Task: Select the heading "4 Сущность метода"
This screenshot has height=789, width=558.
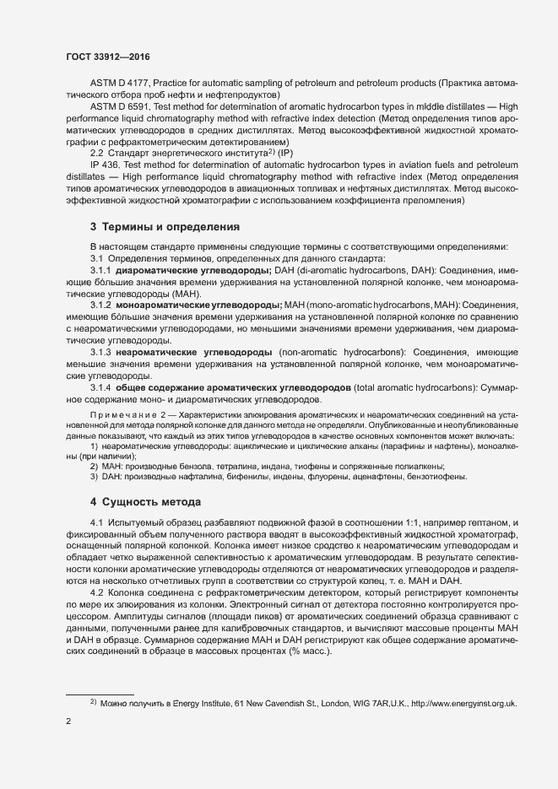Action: pyautogui.click(x=145, y=502)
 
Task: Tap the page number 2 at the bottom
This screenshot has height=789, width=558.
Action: pyautogui.click(x=68, y=722)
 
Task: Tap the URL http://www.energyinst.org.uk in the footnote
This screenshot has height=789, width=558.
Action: pyautogui.click(x=463, y=703)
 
